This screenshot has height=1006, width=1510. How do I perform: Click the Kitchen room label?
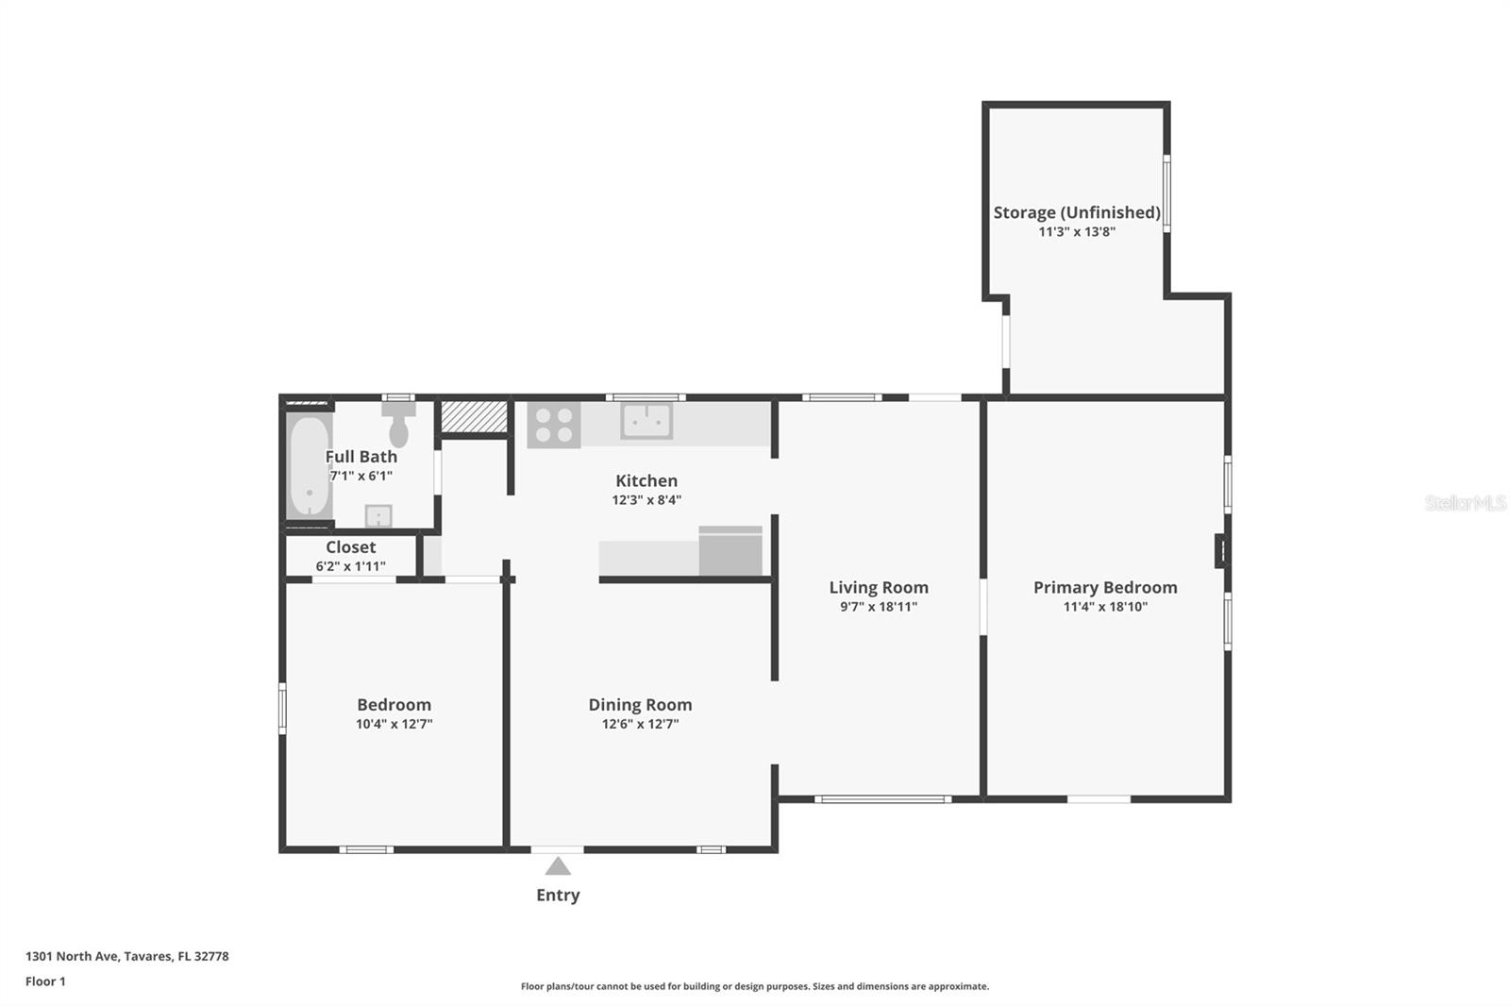[x=646, y=480]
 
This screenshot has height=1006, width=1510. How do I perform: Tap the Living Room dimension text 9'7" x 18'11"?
[x=879, y=607]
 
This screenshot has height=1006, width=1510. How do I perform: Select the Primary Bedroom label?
[x=1105, y=588]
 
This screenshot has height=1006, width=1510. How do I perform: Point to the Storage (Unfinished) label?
[x=1077, y=212]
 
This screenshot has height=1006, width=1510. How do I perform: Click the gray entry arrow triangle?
[x=558, y=865]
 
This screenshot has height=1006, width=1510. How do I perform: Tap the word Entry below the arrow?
[x=558, y=896]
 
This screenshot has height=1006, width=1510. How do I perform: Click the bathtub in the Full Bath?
[x=310, y=466]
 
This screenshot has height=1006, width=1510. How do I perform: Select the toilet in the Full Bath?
[x=398, y=425]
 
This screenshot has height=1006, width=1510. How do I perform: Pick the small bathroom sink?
[x=378, y=516]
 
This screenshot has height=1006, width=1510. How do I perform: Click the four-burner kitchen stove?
[x=554, y=425]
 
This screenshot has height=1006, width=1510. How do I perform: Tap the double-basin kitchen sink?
[x=646, y=421]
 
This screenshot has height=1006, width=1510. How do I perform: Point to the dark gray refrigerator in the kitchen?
[x=730, y=551]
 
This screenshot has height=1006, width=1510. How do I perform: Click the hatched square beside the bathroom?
[x=474, y=417]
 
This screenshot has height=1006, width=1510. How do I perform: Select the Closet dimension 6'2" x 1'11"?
[x=350, y=566]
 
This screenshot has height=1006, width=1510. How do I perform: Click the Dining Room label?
[x=641, y=705]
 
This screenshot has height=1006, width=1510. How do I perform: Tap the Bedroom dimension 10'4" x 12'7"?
[x=394, y=724]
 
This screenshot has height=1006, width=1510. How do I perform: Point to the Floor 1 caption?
[x=46, y=981]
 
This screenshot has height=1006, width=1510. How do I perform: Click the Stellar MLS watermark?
[x=1466, y=503]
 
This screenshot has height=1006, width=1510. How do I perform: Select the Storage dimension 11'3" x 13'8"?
[x=1077, y=232]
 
